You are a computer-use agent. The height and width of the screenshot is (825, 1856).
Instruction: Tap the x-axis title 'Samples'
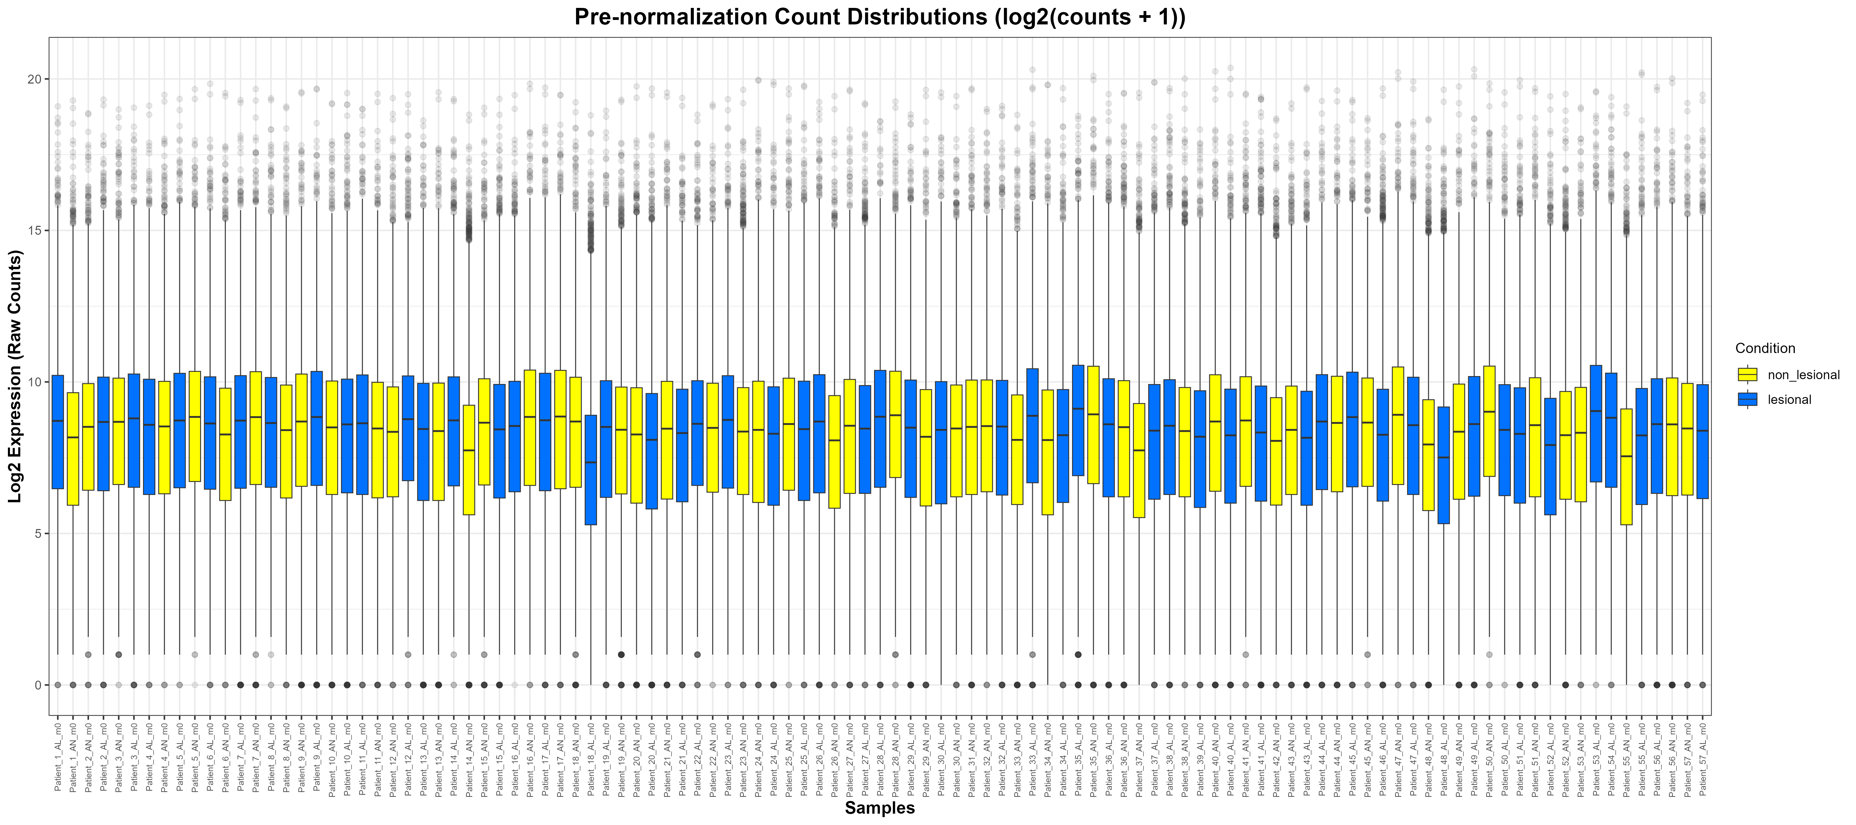(880, 808)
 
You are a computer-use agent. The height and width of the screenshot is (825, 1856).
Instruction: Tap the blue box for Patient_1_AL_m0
(58, 432)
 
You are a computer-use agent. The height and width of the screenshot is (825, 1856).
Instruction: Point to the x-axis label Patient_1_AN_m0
(73, 760)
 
